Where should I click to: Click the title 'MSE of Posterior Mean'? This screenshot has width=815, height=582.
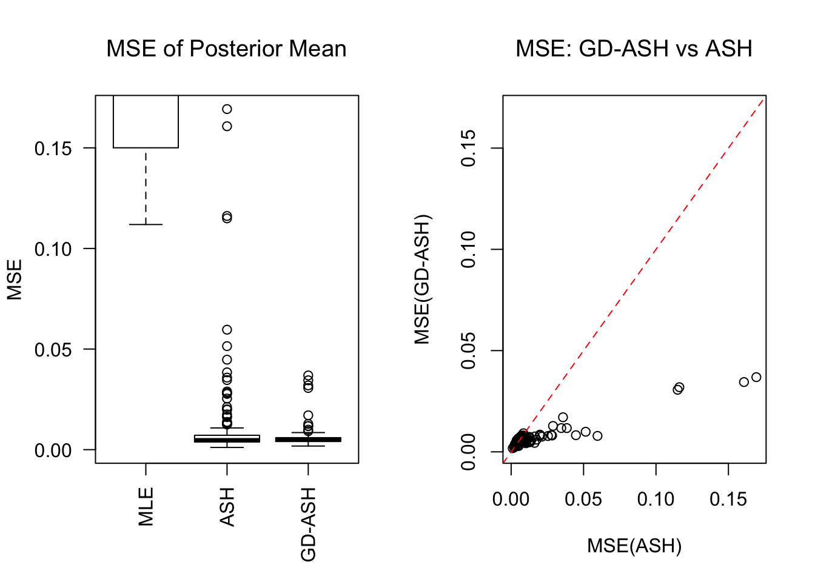(226, 49)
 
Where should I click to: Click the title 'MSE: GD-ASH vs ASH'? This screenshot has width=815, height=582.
(634, 49)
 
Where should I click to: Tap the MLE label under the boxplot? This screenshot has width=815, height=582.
(146, 506)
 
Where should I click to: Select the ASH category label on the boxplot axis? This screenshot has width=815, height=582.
(227, 506)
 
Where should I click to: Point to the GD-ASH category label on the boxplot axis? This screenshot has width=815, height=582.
(309, 524)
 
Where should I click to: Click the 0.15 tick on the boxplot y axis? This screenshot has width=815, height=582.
(53, 149)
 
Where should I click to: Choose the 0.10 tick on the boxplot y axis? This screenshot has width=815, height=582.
(53, 249)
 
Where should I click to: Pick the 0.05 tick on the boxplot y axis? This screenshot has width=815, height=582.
(53, 350)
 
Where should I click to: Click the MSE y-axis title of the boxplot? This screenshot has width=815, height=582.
(15, 279)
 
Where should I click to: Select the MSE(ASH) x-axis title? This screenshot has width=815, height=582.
(634, 546)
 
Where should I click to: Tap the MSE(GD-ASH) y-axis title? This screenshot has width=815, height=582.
(423, 279)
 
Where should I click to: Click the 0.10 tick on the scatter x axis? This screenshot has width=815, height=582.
(656, 500)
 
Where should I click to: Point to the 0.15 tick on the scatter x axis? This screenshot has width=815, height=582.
(728, 500)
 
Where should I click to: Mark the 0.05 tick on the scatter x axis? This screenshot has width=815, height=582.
(583, 500)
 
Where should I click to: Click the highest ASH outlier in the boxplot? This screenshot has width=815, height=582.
(227, 109)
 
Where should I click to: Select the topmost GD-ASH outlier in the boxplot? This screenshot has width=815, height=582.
(308, 376)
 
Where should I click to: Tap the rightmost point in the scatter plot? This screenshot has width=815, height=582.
(756, 377)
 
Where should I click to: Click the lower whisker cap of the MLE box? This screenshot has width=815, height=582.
(146, 225)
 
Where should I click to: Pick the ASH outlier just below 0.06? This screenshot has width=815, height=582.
(227, 330)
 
